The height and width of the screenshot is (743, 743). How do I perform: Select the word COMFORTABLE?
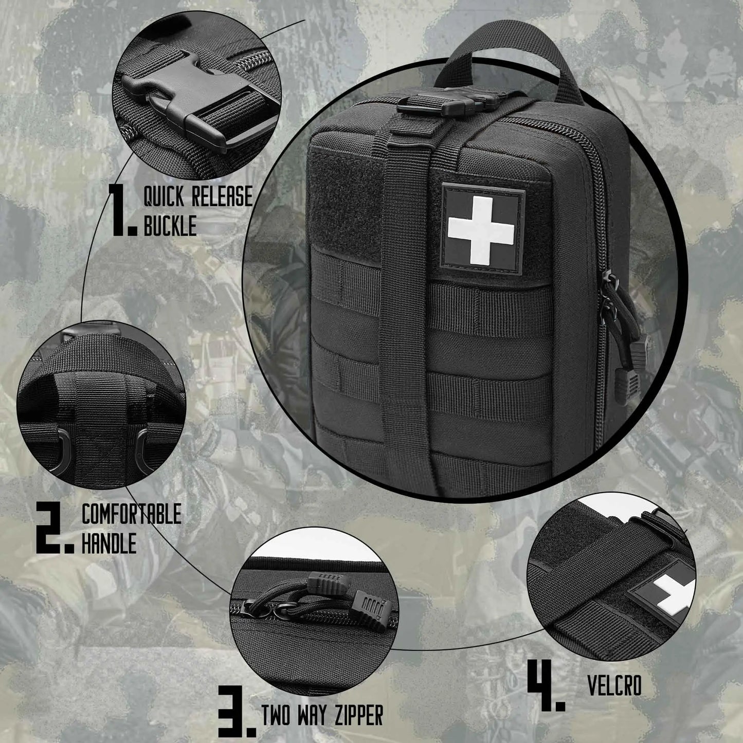pos(132,514)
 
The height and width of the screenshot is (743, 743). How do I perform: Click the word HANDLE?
pos(109,543)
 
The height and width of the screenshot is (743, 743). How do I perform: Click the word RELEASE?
pos(223,196)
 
